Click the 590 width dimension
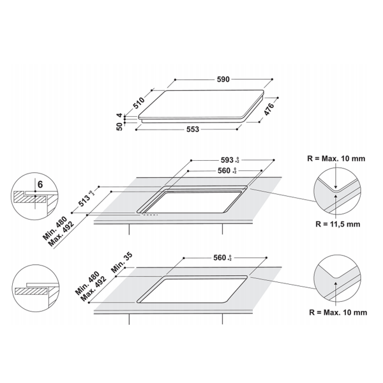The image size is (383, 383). (223, 80)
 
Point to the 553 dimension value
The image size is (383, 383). (193, 130)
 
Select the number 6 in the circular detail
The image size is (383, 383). (40, 184)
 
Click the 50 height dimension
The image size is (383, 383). (119, 126)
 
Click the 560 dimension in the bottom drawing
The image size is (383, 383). (219, 258)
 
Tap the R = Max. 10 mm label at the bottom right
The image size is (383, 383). (340, 312)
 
